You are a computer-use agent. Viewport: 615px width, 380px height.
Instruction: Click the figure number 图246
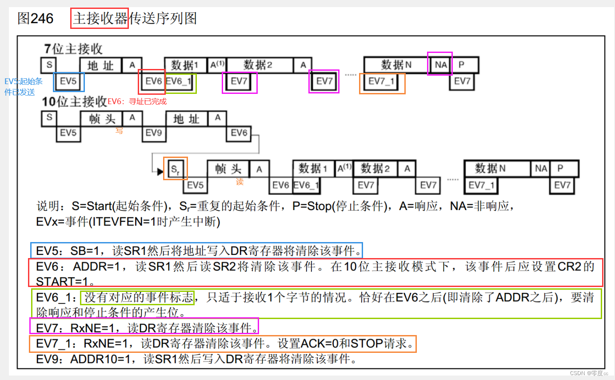[35, 19]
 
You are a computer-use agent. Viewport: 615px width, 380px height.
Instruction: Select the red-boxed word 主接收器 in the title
[100, 19]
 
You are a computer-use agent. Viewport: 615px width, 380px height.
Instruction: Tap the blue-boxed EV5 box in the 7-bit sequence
[68, 81]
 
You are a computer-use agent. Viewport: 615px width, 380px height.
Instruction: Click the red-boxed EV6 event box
[152, 81]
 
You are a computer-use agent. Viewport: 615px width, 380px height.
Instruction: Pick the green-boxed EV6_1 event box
[180, 81]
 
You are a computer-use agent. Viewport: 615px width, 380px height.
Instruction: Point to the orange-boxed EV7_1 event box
[382, 82]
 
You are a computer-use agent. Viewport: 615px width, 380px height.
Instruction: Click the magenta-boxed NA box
[440, 64]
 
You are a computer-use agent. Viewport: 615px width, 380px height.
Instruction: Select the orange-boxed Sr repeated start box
[176, 169]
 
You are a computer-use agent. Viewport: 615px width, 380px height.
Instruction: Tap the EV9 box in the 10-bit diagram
[154, 133]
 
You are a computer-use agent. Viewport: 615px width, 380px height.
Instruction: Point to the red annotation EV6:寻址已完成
[137, 101]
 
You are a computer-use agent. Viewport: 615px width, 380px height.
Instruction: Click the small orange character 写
[119, 131]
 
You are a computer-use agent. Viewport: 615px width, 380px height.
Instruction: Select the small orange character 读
[240, 182]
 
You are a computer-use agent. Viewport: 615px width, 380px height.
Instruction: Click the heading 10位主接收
[74, 101]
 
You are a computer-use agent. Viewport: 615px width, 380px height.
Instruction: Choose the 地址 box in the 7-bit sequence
[100, 65]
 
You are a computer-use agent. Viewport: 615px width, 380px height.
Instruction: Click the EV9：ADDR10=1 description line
[196, 359]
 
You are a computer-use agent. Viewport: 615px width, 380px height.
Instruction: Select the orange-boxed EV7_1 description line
[223, 344]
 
